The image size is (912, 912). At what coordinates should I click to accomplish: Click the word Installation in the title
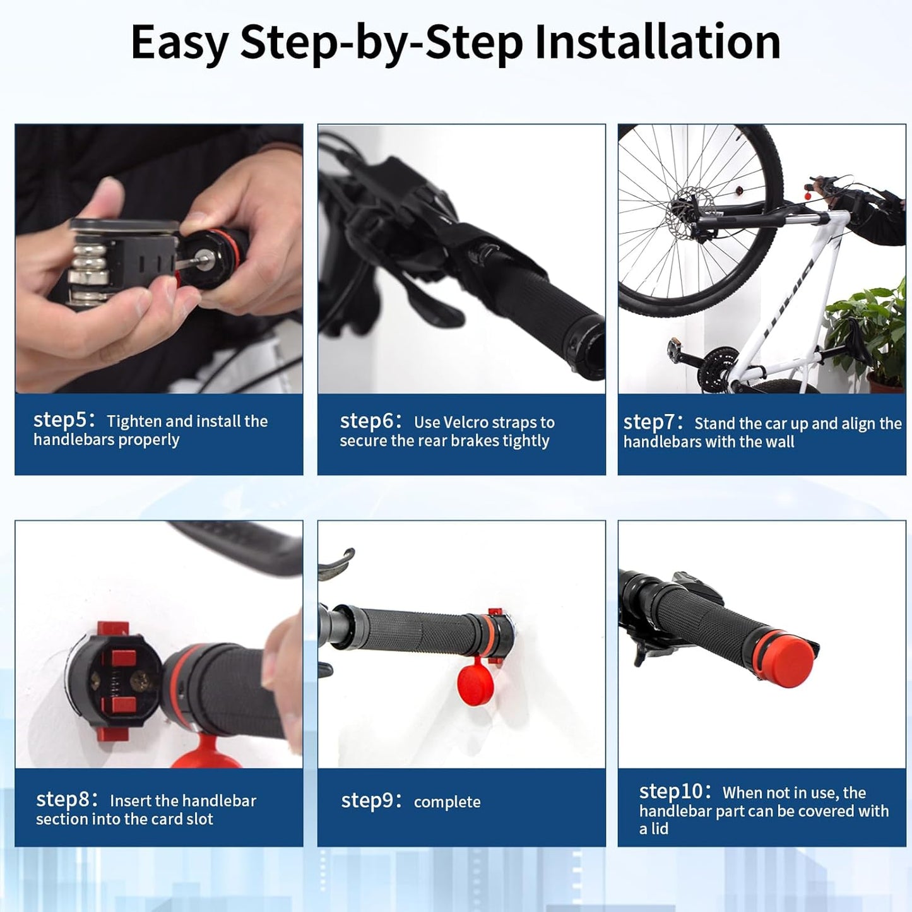pos(657,42)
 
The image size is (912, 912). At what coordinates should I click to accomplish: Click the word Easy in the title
pos(179,42)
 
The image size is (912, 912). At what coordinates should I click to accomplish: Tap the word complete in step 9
pos(447,802)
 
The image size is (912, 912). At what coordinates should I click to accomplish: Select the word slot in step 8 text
pos(199,819)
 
